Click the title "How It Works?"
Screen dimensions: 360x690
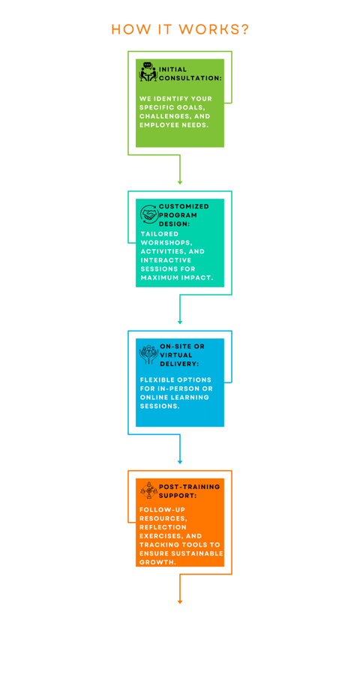tap(180, 29)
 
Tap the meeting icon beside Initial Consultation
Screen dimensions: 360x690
tap(148, 72)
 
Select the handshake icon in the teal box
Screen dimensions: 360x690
tap(149, 214)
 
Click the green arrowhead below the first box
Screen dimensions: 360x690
tap(179, 182)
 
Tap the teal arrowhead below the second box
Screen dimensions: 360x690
tap(179, 322)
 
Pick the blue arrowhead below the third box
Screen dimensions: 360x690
tap(179, 461)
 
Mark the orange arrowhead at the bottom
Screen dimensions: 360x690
tap(179, 601)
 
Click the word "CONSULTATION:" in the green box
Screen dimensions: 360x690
tap(190, 78)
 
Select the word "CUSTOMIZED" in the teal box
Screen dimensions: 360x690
tap(184, 206)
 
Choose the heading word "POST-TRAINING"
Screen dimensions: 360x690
tap(189, 487)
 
